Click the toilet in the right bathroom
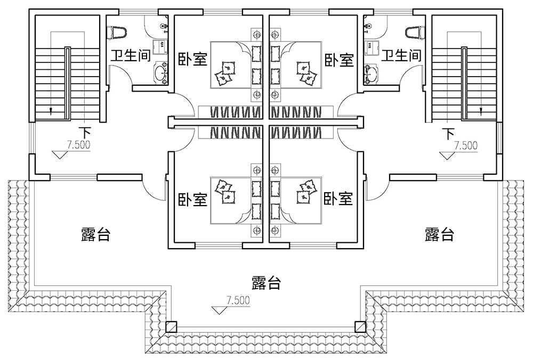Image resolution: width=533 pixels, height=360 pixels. click(x=414, y=32)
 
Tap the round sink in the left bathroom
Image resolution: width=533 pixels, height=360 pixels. click(x=160, y=73)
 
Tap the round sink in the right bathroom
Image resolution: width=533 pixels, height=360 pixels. click(x=371, y=73)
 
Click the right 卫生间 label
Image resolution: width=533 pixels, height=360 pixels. click(x=402, y=55)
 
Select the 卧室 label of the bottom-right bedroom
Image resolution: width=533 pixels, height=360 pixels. click(x=338, y=199)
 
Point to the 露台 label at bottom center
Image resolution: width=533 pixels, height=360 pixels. click(x=266, y=282)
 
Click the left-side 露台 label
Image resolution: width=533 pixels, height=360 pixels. click(x=95, y=234)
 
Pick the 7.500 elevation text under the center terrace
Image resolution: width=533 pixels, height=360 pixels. click(x=238, y=300)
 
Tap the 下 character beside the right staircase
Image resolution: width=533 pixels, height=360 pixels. click(x=449, y=132)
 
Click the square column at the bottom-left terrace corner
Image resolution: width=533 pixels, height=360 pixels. click(x=171, y=326)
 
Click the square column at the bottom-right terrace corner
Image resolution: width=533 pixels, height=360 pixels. click(x=360, y=326)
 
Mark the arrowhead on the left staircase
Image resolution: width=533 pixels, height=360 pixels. click(x=51, y=112)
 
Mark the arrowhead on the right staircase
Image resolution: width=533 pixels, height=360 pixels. click(x=481, y=112)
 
